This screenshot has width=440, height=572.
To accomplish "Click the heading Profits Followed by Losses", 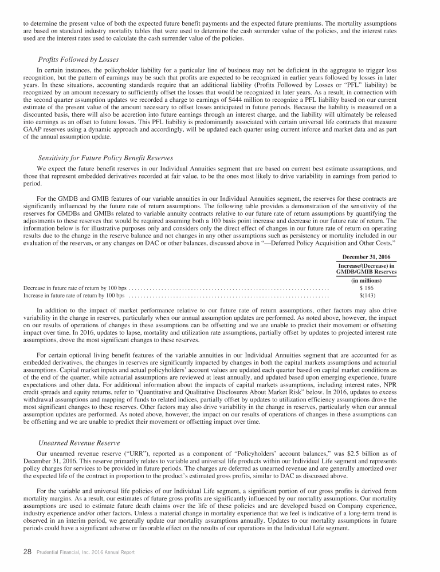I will pos(75,59).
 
